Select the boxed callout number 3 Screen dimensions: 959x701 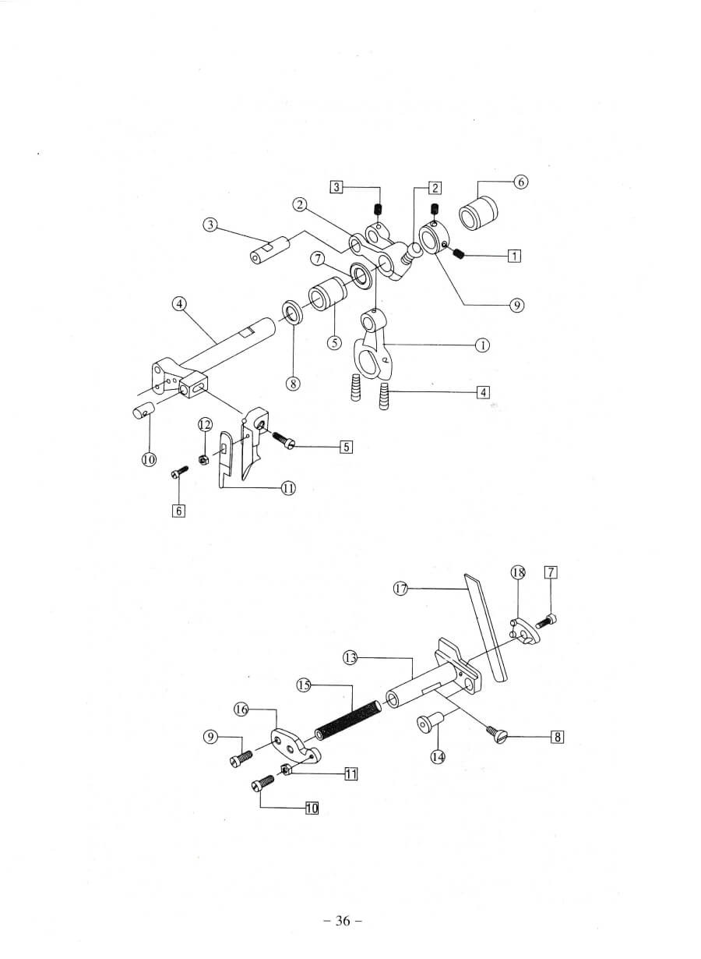(336, 186)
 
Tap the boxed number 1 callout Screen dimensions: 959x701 (513, 255)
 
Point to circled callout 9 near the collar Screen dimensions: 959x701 (516, 305)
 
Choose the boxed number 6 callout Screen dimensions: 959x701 (179, 511)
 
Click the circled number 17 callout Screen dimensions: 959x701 (401, 589)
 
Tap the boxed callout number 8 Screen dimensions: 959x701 (557, 736)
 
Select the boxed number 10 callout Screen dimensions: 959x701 (312, 808)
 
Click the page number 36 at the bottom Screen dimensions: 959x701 (343, 921)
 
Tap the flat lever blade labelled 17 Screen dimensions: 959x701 (484, 624)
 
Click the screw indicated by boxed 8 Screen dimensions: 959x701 (495, 731)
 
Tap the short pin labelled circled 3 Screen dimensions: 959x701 (269, 250)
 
